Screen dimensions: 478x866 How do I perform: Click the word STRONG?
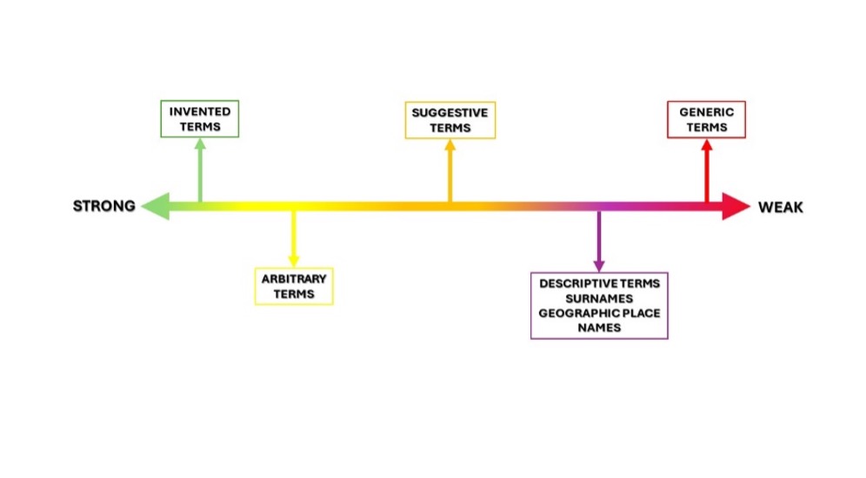click(104, 206)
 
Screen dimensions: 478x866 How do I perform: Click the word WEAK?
click(781, 207)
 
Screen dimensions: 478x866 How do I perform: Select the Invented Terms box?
click(200, 119)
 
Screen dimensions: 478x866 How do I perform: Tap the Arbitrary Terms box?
click(294, 286)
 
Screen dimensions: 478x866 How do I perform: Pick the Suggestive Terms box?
click(450, 120)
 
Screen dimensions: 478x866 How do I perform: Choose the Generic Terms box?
click(706, 119)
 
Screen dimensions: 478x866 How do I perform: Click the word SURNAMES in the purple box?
click(599, 298)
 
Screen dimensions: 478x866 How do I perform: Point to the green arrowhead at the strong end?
click(155, 206)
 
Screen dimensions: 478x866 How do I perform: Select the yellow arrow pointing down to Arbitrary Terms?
click(294, 239)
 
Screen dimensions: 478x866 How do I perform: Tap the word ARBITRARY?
click(294, 279)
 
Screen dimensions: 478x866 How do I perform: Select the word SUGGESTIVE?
click(450, 113)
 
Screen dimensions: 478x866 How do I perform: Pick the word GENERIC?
click(706, 112)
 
